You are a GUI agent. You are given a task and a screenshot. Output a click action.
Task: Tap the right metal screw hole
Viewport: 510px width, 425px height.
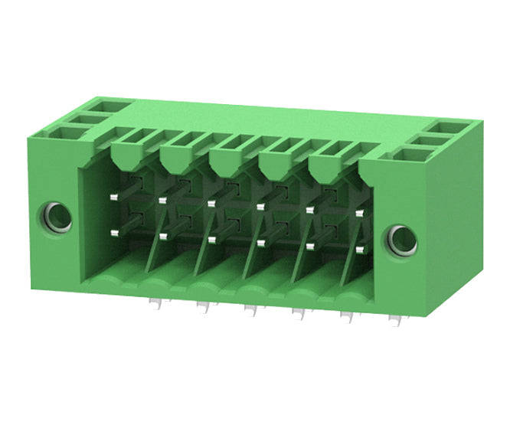399,240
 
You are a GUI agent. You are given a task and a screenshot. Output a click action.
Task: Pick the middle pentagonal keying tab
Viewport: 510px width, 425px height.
225,161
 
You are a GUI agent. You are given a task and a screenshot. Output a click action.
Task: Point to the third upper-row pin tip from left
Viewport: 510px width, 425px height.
210,203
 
